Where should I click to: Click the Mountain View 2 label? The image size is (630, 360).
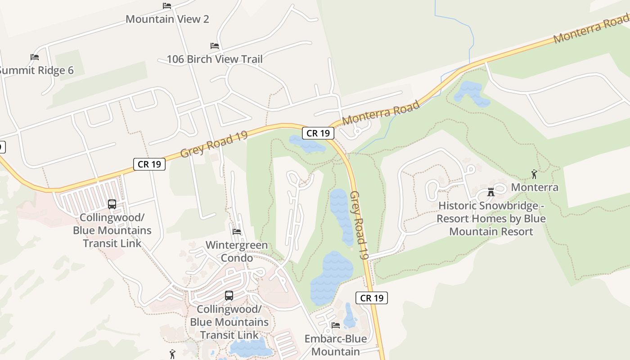tap(167, 19)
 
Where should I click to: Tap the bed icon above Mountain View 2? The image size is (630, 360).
tap(167, 6)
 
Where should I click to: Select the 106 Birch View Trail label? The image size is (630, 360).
tap(214, 59)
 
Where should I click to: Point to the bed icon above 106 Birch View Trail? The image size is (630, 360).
tap(215, 46)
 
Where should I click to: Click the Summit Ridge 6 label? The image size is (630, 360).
tap(36, 70)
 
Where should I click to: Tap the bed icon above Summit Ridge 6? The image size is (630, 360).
tap(35, 57)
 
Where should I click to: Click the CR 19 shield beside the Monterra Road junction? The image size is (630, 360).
tap(318, 133)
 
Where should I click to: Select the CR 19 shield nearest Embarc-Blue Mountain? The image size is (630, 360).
tap(372, 297)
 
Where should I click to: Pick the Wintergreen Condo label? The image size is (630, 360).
tap(236, 252)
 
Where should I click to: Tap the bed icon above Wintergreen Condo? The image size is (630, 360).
tap(237, 232)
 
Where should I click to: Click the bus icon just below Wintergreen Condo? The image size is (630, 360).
tap(229, 296)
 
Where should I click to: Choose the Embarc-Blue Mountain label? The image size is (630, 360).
tap(335, 345)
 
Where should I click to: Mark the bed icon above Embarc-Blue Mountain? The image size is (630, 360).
tap(335, 325)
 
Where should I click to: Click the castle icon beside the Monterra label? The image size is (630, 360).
tap(491, 192)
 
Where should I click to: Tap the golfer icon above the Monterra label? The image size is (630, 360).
tap(534, 174)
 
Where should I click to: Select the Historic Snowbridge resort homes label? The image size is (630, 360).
tap(491, 219)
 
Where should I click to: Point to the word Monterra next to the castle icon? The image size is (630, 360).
tap(535, 187)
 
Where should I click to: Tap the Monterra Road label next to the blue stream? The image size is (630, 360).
tap(381, 113)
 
